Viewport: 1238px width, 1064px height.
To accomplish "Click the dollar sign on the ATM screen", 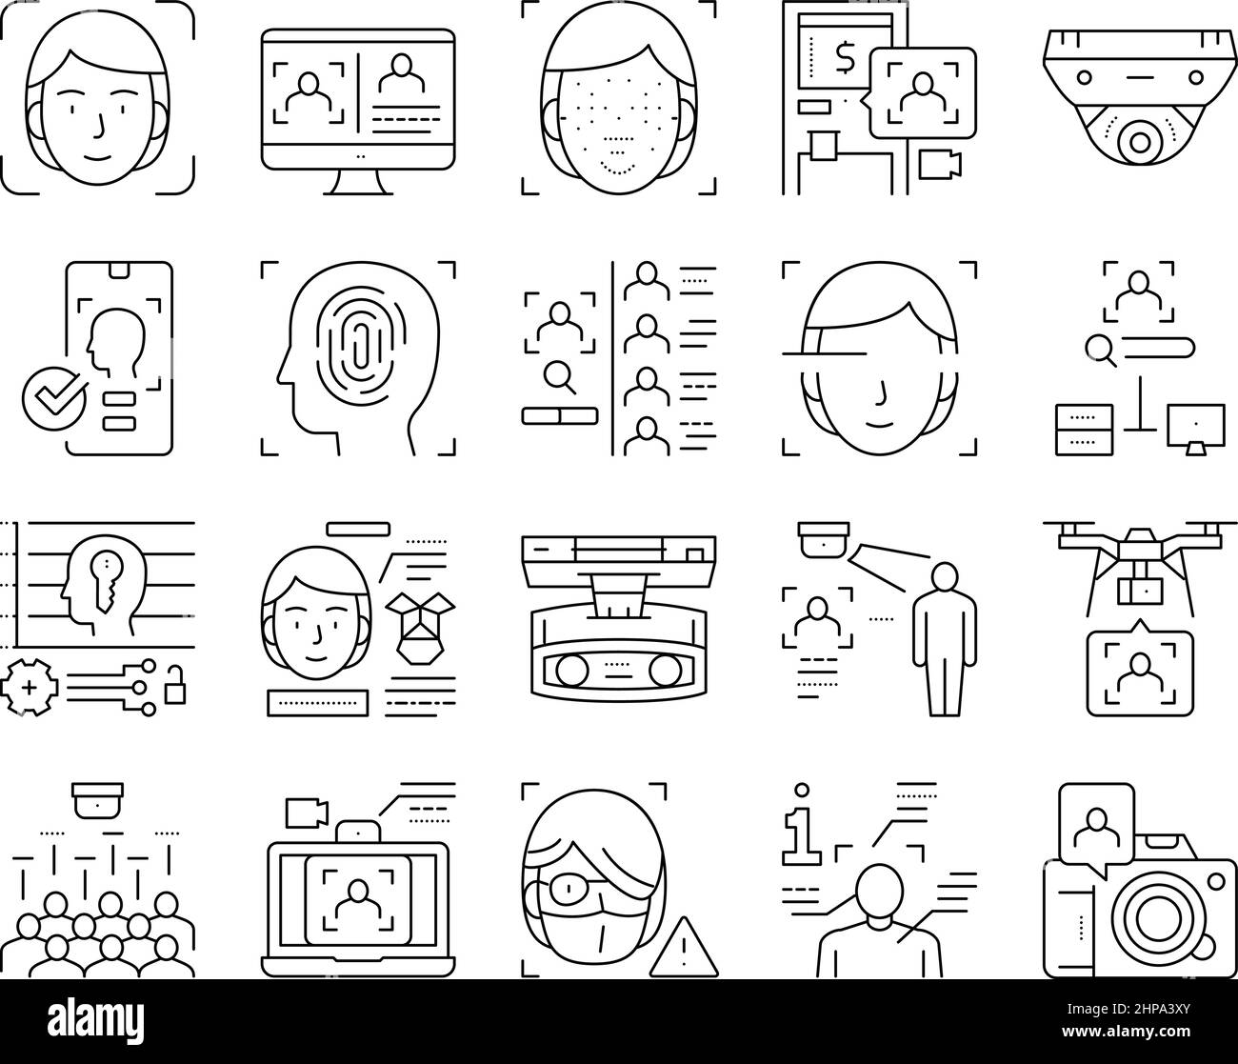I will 844,59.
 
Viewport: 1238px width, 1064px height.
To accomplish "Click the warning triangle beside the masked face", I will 671,954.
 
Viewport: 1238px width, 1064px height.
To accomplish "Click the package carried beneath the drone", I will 1138,591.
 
